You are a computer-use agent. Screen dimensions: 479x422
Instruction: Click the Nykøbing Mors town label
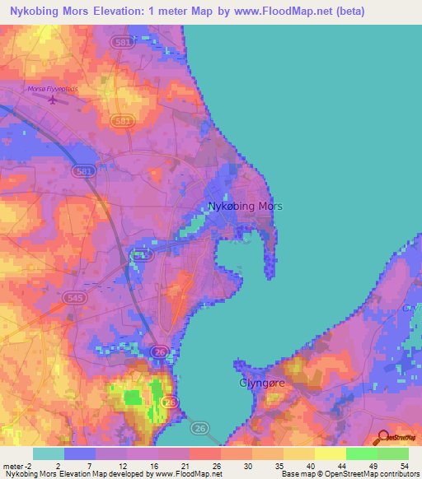pyautogui.click(x=245, y=207)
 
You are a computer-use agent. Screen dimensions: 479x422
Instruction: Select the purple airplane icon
pyautogui.click(x=54, y=100)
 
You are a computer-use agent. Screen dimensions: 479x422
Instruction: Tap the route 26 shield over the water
pyautogui.click(x=200, y=428)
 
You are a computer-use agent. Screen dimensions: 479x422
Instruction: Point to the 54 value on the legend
pyautogui.click(x=404, y=465)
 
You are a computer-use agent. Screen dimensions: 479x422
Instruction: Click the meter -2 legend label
pyautogui.click(x=16, y=465)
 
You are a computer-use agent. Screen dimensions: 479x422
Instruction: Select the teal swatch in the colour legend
pyautogui.click(x=49, y=453)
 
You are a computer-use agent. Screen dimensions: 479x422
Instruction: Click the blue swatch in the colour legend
pyautogui.click(x=80, y=453)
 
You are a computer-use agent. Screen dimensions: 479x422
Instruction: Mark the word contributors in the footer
pyautogui.click(x=395, y=474)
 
